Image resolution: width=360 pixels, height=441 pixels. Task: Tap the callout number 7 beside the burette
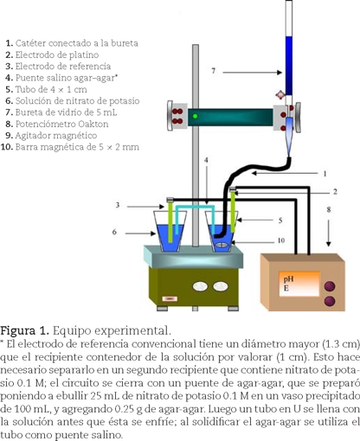214,71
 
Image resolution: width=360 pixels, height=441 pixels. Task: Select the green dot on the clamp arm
196,116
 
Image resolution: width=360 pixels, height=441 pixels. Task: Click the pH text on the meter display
288,279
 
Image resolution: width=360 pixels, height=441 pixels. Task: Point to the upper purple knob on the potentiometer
330,286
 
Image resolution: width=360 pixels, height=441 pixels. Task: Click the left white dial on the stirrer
200,286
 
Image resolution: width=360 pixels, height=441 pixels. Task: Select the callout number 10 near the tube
281,240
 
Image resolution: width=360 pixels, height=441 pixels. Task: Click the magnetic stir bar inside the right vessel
222,245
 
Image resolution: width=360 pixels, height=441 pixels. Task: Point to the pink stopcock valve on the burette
280,95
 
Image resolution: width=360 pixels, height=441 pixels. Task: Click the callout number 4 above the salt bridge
206,160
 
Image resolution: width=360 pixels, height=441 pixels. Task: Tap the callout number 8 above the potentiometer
329,209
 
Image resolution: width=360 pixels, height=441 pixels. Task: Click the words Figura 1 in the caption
24,330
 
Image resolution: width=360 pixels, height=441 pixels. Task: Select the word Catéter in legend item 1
30,43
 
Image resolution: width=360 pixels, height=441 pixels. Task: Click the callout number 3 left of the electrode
118,205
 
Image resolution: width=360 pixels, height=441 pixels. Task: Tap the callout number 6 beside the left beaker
114,232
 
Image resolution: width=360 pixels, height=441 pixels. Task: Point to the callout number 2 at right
335,192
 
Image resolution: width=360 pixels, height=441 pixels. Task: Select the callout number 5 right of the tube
280,220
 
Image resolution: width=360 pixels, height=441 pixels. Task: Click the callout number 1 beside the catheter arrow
325,174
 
